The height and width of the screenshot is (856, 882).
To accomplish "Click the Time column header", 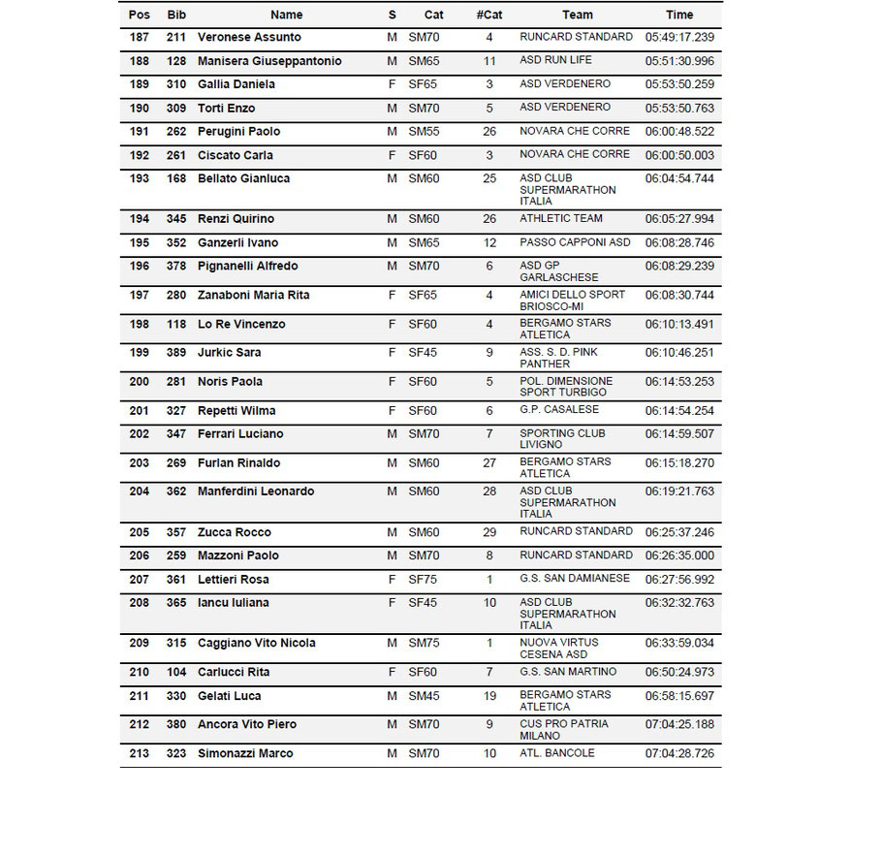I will (x=679, y=15).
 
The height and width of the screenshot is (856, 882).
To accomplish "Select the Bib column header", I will (x=176, y=15).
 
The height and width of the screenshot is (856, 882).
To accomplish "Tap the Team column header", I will (x=578, y=15).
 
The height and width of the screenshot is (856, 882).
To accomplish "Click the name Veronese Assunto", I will (x=249, y=37).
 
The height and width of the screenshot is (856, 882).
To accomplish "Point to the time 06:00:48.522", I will (x=679, y=131).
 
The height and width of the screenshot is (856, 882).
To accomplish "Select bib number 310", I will (x=176, y=84).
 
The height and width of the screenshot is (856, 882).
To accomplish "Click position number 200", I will (x=139, y=382).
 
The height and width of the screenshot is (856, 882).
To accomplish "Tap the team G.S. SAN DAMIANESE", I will (x=575, y=579).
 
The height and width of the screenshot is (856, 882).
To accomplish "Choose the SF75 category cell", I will (x=424, y=580).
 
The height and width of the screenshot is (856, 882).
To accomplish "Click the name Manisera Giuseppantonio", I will (x=269, y=61).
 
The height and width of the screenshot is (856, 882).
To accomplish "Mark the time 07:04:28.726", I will (x=679, y=753).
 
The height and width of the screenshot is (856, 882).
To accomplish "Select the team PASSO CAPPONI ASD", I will (x=575, y=242).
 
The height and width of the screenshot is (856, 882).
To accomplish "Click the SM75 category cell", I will (x=424, y=644).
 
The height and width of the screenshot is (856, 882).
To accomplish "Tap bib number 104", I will (x=176, y=673).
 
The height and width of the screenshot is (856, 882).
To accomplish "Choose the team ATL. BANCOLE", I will (x=557, y=753).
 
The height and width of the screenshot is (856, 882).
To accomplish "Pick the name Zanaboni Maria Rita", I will (x=254, y=295).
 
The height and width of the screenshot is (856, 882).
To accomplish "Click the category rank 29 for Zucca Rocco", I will (x=489, y=532).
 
